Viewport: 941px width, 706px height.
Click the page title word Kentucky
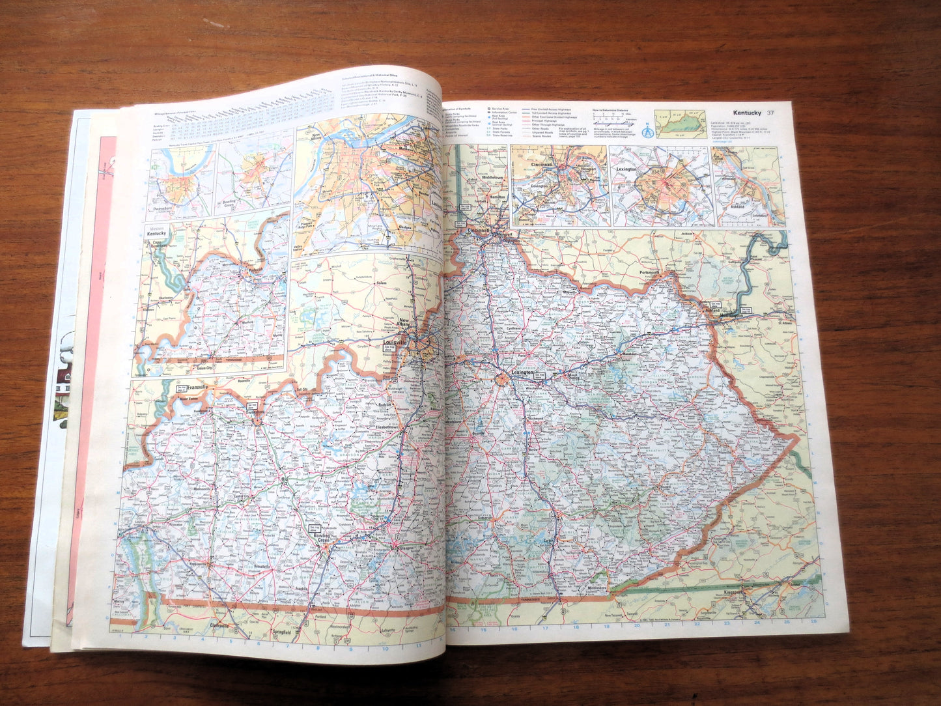[x=747, y=113]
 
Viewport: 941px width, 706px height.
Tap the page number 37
[x=770, y=113]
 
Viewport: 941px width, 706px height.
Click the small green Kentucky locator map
[x=681, y=124]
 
